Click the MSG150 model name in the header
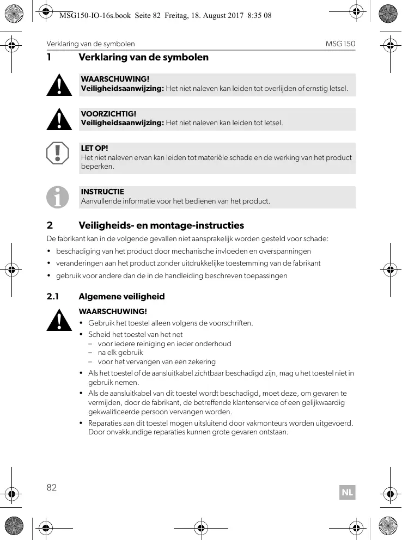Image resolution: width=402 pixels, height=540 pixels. (x=340, y=44)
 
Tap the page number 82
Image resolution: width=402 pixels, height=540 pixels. (x=52, y=487)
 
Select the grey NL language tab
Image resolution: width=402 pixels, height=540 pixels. (x=347, y=493)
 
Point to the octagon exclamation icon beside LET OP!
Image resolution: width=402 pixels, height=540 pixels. (x=58, y=154)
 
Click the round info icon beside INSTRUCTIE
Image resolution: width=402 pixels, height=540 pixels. (x=58, y=197)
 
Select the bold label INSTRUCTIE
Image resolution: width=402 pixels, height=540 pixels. (x=102, y=192)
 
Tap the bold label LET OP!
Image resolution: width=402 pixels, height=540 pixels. (x=94, y=148)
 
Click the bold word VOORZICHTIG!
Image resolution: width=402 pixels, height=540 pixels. (x=108, y=114)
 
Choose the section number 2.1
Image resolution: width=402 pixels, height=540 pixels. (x=52, y=297)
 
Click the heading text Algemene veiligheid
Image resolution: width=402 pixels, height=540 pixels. (x=121, y=297)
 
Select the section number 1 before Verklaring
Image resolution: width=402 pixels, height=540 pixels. (x=49, y=57)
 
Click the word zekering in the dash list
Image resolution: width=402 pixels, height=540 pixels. (x=202, y=361)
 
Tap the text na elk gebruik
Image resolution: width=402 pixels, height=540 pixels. (x=113, y=352)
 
